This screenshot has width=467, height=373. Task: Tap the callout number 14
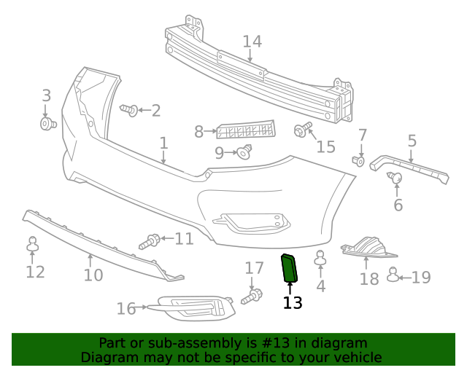[252, 42]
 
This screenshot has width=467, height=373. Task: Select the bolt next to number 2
[129, 110]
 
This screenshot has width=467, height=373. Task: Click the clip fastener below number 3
[48, 125]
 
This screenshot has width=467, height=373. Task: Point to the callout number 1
[163, 144]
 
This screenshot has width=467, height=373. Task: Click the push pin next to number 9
[244, 152]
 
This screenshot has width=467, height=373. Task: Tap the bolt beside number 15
[300, 131]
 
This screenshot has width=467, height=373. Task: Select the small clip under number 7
[358, 160]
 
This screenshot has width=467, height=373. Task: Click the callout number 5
[412, 141]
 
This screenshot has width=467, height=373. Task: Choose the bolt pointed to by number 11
[151, 240]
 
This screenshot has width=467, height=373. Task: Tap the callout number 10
[93, 275]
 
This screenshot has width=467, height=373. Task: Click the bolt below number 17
[255, 297]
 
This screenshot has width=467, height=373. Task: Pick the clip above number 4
[320, 257]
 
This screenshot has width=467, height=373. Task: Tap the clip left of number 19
[393, 275]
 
